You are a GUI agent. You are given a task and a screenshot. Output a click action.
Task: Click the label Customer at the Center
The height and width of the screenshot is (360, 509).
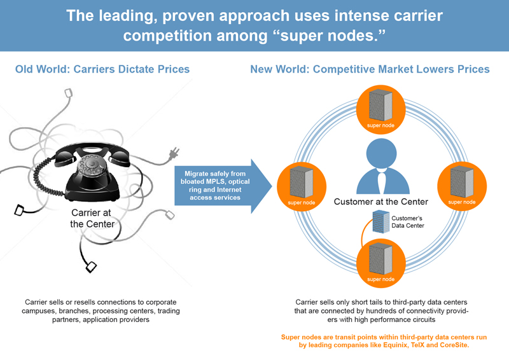(380, 202)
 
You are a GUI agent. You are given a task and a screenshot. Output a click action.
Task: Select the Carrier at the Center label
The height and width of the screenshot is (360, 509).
(92, 218)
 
